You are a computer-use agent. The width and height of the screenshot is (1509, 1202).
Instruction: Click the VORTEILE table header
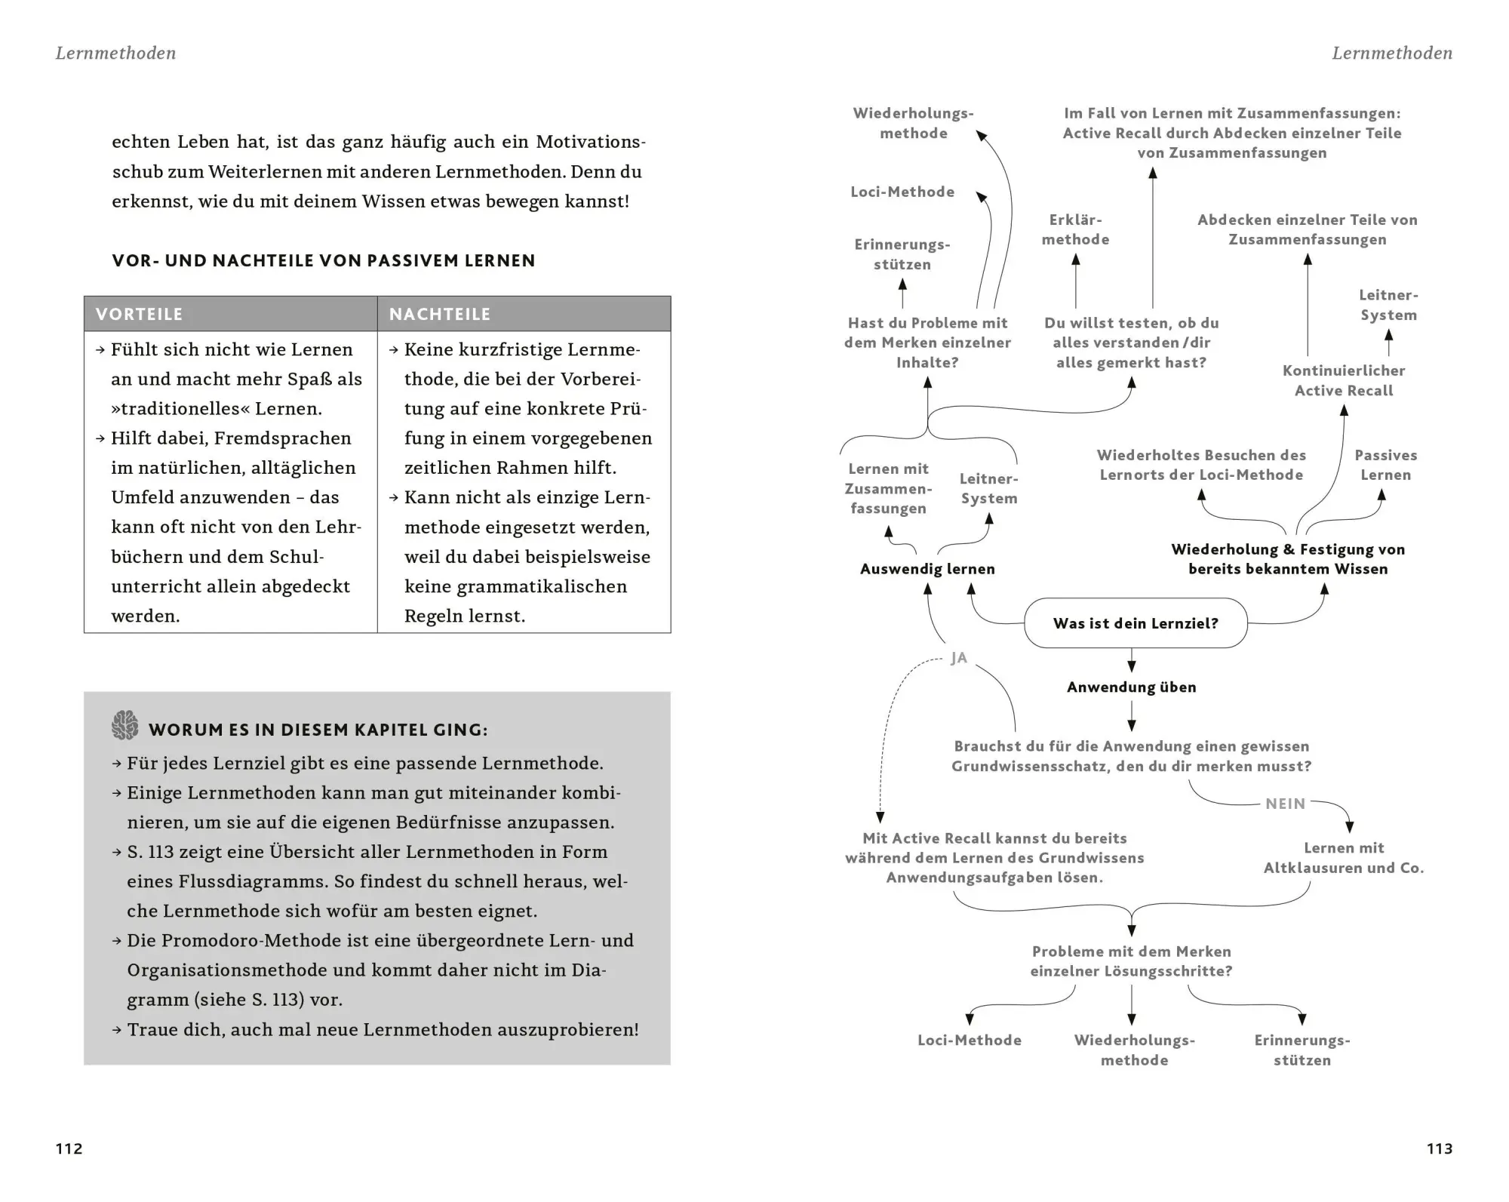(x=140, y=314)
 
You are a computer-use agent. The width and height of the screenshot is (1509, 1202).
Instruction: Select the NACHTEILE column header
(x=440, y=314)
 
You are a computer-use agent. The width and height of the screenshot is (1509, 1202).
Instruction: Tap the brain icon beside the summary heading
(x=125, y=725)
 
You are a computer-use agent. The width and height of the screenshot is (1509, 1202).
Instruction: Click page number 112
(x=69, y=1148)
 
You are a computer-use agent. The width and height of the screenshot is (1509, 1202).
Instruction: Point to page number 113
(x=1440, y=1148)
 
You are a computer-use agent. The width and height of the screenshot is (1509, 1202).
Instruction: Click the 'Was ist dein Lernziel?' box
(x=1136, y=623)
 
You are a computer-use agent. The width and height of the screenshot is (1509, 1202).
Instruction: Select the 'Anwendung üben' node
(x=1131, y=687)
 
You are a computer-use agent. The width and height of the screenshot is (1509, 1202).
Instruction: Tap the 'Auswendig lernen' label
(x=927, y=569)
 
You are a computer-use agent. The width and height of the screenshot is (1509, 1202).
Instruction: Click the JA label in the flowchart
(x=958, y=658)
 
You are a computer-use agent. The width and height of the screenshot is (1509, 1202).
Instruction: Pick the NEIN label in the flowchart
(x=1285, y=804)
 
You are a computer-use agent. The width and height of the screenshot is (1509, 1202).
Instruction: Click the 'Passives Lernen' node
(x=1385, y=465)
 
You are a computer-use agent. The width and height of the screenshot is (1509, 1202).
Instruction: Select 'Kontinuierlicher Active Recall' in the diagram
(x=1344, y=380)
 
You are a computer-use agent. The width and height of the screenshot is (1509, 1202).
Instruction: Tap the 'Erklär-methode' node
(x=1075, y=229)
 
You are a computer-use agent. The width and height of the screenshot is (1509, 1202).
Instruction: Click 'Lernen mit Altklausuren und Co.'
(x=1344, y=858)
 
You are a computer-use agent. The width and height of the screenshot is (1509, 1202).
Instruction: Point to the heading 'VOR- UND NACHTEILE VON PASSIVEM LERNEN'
(x=324, y=261)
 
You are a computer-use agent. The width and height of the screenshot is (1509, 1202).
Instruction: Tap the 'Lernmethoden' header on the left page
(x=115, y=53)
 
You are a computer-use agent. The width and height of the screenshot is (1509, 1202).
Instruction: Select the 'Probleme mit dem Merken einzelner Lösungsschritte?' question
(x=1131, y=961)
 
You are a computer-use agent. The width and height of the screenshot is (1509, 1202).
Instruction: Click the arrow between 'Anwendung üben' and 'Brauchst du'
(x=1131, y=716)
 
